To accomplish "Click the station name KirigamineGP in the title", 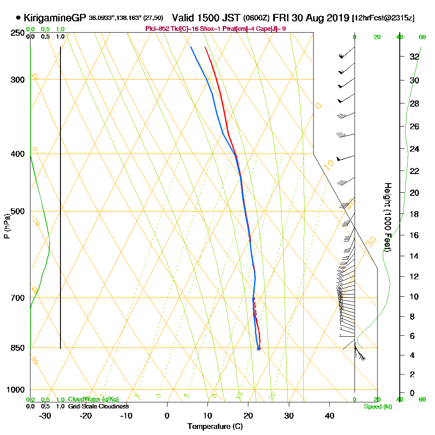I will click(x=55, y=18).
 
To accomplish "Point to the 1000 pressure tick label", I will click(x=15, y=390).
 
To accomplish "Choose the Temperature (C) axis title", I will click(x=215, y=426).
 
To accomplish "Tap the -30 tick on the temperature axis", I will click(x=45, y=415).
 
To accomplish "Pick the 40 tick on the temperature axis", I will click(x=330, y=415).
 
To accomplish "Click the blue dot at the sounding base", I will click(x=259, y=348).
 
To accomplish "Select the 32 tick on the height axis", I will click(x=414, y=57).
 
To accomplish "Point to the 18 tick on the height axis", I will click(x=414, y=214).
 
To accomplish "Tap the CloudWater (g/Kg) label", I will click(x=93, y=399).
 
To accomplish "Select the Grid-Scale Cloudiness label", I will click(x=98, y=406).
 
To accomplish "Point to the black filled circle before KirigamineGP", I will click(x=18, y=18).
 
